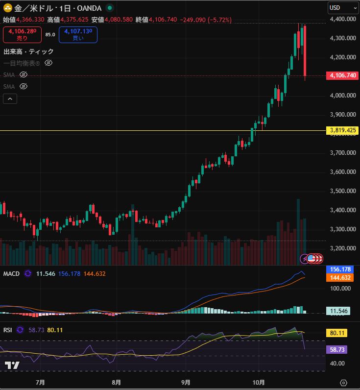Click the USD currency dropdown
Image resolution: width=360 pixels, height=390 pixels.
pyautogui.click(x=343, y=8)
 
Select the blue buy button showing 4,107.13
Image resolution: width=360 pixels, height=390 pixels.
pyautogui.click(x=78, y=35)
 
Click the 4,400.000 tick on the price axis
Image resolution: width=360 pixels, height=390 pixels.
pyautogui.click(x=342, y=19)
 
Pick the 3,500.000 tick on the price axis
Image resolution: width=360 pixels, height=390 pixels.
pyautogui.click(x=342, y=191)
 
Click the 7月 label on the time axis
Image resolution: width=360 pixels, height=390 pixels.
pyautogui.click(x=41, y=382)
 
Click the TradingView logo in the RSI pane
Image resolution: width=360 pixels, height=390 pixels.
pyautogui.click(x=12, y=366)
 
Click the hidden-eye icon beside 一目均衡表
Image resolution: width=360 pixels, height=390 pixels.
pyautogui.click(x=48, y=63)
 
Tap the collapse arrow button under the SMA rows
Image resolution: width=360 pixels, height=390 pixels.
pyautogui.click(x=10, y=99)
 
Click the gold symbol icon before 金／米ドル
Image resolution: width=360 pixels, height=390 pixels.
pyautogui.click(x=8, y=8)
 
